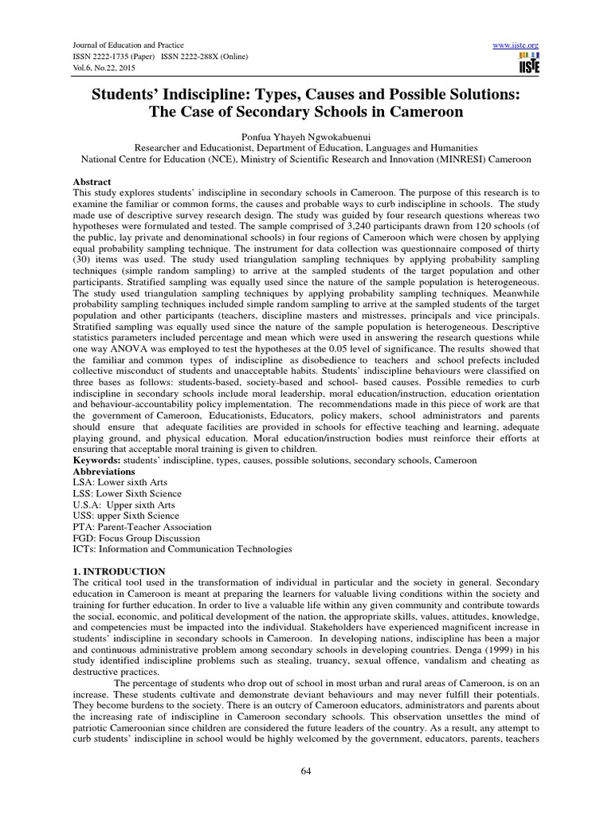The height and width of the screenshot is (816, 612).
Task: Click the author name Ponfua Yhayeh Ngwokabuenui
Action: [305, 135]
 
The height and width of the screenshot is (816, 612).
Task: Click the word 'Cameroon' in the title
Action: [419, 112]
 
